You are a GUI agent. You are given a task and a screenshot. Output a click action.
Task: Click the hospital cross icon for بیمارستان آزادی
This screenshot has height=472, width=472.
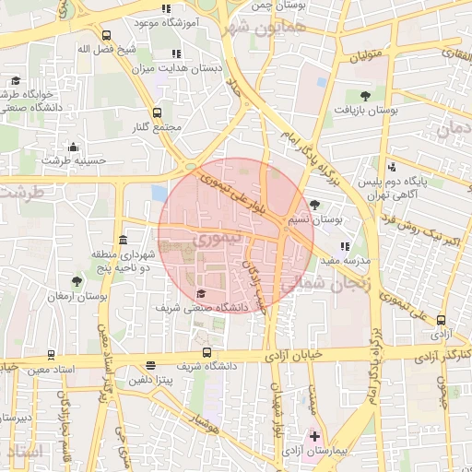click(x=314, y=435)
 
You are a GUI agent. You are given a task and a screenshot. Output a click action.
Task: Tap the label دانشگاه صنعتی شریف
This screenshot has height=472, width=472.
click(x=194, y=306)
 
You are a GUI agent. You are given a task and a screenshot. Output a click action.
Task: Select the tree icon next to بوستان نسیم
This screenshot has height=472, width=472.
click(x=316, y=205)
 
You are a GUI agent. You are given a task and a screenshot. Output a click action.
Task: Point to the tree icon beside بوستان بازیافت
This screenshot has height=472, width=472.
click(x=366, y=95)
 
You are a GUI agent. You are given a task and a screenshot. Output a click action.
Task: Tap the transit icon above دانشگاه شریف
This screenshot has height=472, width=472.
click(x=206, y=352)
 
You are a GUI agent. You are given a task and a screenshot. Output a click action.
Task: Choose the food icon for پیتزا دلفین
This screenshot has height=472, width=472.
click(x=150, y=365)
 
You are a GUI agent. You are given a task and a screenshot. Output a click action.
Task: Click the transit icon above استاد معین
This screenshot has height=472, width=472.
click(x=50, y=355)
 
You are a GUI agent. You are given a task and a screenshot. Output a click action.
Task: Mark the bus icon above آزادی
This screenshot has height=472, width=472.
click(x=441, y=320)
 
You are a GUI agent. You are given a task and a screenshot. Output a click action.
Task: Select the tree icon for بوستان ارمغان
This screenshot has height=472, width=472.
click(x=77, y=282)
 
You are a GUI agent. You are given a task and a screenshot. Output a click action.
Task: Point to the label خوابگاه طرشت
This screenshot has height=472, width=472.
click(x=34, y=94)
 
